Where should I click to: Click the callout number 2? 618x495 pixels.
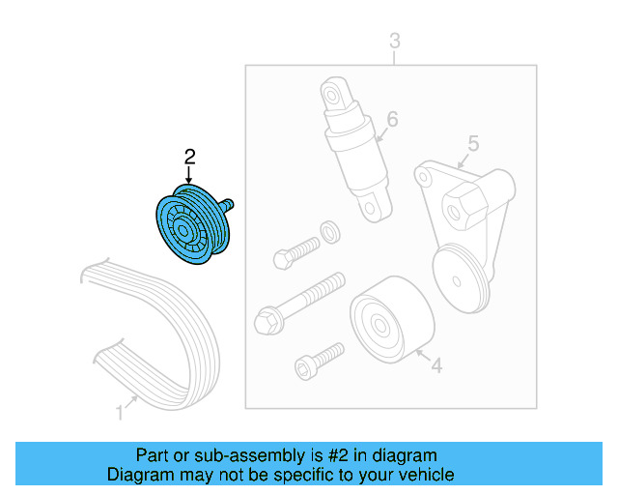click(x=190, y=155)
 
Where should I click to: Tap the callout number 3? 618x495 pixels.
click(x=394, y=41)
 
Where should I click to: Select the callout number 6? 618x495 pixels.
click(x=392, y=120)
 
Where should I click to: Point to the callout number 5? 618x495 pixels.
click(x=473, y=143)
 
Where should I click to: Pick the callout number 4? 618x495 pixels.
click(x=435, y=365)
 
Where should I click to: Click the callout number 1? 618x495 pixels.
click(x=120, y=413)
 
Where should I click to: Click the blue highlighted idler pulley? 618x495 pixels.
click(x=191, y=224)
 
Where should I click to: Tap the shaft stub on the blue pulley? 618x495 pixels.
click(x=231, y=205)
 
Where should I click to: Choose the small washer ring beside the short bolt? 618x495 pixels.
click(x=328, y=231)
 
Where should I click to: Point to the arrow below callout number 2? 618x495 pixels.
click(x=189, y=174)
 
